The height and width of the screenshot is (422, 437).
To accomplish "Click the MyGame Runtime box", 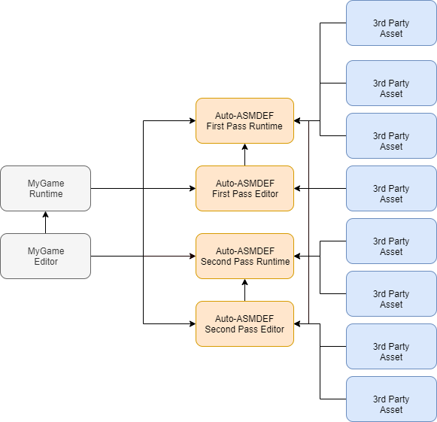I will (x=46, y=188).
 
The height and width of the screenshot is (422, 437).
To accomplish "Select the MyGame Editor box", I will (x=46, y=256).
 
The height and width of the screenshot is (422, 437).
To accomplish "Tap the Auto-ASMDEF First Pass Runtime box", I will (x=244, y=120).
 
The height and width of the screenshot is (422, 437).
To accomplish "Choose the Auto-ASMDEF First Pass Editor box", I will (x=244, y=188).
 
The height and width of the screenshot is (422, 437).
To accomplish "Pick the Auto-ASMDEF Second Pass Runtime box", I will (x=244, y=256).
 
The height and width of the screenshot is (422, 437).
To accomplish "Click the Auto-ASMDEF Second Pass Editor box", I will (x=244, y=323).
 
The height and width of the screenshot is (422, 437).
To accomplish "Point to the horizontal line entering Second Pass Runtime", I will (x=169, y=257).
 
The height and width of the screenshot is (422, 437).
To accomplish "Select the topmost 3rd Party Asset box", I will (x=391, y=23).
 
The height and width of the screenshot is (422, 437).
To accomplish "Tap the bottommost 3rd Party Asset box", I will (x=391, y=399).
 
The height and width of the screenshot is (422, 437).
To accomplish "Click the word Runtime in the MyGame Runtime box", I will (x=46, y=194).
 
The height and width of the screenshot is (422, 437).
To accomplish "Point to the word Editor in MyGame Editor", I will (x=46, y=262).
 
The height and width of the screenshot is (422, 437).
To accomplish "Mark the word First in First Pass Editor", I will (x=222, y=194).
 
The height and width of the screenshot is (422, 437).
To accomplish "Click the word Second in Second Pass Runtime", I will (x=217, y=262).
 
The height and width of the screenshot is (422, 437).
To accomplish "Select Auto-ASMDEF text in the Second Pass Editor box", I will (x=244, y=318).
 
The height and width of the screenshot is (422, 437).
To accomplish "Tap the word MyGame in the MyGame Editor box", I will (x=46, y=250).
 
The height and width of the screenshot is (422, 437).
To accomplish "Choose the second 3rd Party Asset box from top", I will (x=391, y=83).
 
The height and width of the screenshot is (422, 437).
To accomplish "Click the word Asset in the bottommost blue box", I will (x=391, y=410).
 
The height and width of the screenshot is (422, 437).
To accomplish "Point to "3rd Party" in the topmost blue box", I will (x=391, y=23).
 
